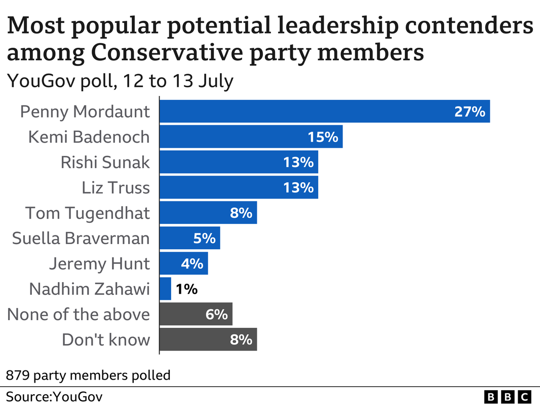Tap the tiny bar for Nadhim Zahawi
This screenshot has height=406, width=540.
pos(165,289)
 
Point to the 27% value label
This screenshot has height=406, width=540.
pos(470,112)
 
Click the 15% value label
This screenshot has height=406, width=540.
pos(323,137)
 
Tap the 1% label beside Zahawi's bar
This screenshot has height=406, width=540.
pos(186,289)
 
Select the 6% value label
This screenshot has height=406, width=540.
pos(216,315)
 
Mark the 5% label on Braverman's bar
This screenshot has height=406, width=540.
pos(204,239)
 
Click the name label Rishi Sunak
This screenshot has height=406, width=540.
pos(105,162)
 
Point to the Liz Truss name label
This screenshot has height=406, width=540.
pos(116,188)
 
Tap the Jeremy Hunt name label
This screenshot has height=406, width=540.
pos(99,264)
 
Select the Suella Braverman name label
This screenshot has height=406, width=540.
pos(81,239)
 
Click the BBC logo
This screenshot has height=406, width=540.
pos(508,396)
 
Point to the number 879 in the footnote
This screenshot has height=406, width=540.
pos(17,376)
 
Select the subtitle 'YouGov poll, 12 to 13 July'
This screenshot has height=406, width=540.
pos(120,81)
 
